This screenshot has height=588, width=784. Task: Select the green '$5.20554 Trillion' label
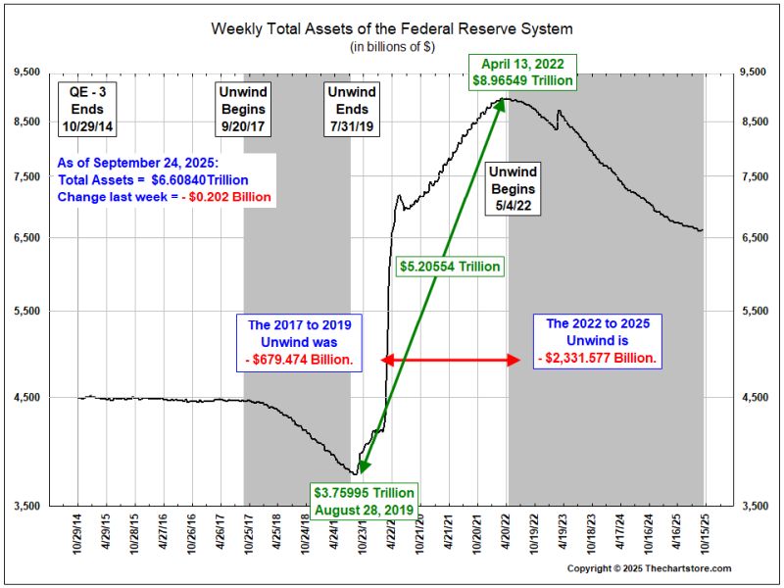450,266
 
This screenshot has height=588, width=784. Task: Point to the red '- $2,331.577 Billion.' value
597,359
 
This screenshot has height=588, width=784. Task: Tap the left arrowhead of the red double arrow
385,360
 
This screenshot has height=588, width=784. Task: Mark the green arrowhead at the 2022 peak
504,103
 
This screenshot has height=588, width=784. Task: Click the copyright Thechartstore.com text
649,569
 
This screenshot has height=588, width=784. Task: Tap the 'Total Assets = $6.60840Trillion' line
153,180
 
